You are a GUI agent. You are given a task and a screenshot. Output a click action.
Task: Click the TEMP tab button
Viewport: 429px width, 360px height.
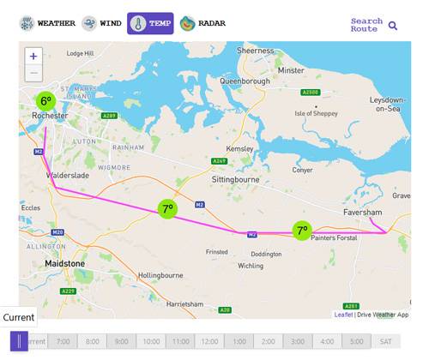pyautogui.click(x=150, y=23)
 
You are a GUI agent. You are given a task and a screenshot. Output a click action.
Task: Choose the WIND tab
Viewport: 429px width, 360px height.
pyautogui.click(x=101, y=23)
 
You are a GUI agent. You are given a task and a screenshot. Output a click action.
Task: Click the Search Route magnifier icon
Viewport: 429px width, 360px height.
pyautogui.click(x=393, y=26)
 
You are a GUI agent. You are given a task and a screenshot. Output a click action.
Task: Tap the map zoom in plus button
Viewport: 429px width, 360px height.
pyautogui.click(x=33, y=56)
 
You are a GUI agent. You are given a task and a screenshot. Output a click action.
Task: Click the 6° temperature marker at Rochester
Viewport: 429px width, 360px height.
pyautogui.click(x=46, y=101)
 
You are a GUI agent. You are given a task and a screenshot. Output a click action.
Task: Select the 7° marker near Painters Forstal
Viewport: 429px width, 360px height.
pyautogui.click(x=301, y=230)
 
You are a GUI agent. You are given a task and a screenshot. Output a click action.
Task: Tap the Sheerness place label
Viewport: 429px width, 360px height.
pyautogui.click(x=255, y=51)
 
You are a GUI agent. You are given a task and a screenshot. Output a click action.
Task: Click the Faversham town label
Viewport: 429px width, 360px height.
pyautogui.click(x=361, y=212)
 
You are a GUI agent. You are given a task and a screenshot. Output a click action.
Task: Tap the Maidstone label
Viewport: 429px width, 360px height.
pyautogui.click(x=64, y=263)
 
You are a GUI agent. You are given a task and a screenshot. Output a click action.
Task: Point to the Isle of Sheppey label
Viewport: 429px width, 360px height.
pyautogui.click(x=313, y=113)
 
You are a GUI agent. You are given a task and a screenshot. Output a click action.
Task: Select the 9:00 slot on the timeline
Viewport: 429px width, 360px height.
pyautogui.click(x=122, y=341)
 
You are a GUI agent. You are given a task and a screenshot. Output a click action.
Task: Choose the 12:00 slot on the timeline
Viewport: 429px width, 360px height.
pyautogui.click(x=210, y=341)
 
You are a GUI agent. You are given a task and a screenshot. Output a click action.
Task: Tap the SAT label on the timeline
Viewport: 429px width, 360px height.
pyautogui.click(x=386, y=341)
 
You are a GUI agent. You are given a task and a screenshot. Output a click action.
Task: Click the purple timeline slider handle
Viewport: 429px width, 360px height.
pyautogui.click(x=20, y=341)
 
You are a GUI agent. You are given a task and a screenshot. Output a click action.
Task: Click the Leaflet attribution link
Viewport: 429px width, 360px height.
pyautogui.click(x=343, y=315)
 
